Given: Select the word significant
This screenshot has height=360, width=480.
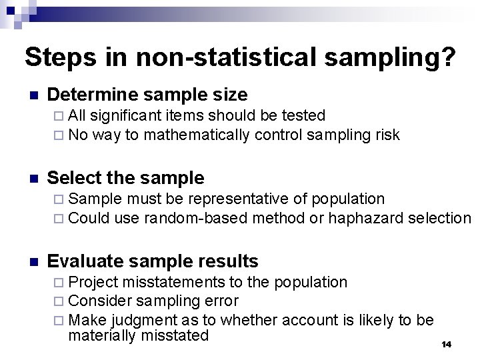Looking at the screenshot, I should [x=127, y=116].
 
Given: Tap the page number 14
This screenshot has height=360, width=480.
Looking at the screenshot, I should [x=446, y=344].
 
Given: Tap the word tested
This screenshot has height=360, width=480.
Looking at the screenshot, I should [x=305, y=116].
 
